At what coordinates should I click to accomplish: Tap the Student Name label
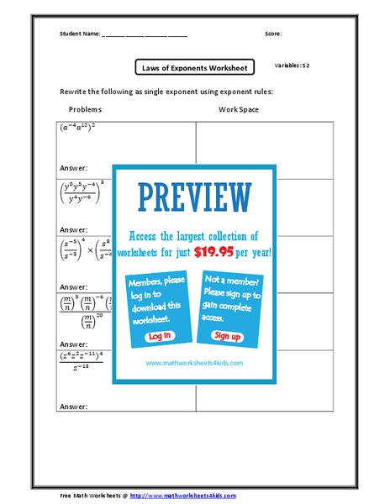[80, 34]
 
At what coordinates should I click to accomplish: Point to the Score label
[273, 34]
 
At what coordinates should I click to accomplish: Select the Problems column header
[84, 109]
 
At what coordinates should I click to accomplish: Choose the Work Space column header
[239, 109]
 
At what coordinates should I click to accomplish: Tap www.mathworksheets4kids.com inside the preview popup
[194, 363]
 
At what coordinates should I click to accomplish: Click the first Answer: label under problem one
[73, 168]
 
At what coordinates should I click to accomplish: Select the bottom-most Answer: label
[73, 407]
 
